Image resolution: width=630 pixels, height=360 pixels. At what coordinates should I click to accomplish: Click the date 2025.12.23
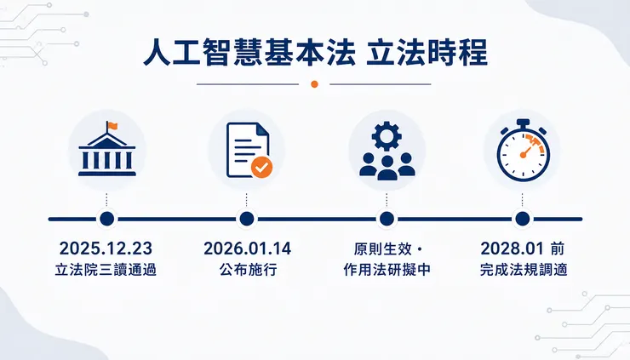coord(106,249)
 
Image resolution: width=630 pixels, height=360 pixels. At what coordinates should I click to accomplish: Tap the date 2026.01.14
coord(247,249)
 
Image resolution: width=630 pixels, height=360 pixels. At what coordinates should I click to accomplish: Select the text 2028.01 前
coord(523,249)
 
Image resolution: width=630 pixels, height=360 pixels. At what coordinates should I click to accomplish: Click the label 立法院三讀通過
coord(106,270)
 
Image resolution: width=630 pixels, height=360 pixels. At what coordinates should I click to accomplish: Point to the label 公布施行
coord(248,270)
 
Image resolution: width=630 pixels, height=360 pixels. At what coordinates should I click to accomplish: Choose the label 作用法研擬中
coord(387,270)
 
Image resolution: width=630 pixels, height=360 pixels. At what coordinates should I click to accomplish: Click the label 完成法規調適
coord(524,270)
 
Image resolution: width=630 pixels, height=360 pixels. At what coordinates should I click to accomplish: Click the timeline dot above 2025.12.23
coord(107,219)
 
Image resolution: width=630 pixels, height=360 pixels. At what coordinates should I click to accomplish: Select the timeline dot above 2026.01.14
coord(247,219)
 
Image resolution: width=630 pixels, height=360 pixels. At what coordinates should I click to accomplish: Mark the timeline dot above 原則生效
coord(387,219)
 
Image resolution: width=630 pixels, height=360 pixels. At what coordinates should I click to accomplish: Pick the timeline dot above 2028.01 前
coord(523,219)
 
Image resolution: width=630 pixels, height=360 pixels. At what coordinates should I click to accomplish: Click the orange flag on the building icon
coord(112,126)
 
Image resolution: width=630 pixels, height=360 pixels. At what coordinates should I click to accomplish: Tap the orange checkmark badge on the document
coord(261,167)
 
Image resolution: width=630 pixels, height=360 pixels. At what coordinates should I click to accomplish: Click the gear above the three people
coord(387,136)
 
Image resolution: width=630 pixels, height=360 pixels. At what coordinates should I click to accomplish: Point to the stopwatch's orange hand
coord(527,151)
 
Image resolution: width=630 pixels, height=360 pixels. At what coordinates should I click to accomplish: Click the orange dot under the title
coord(315,84)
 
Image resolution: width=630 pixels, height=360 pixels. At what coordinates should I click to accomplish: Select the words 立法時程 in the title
coord(427,52)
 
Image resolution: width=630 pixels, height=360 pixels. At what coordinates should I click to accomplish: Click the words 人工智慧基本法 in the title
coord(249,52)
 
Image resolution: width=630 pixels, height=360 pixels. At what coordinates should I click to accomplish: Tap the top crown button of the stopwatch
coord(523,123)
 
